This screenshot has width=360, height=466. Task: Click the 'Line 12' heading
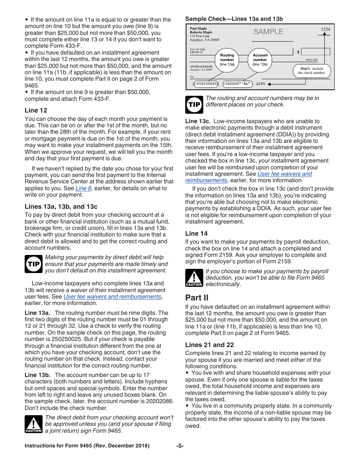(x=36, y=110)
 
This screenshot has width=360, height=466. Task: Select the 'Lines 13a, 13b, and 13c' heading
(x=61, y=206)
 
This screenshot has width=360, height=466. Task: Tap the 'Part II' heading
(x=197, y=297)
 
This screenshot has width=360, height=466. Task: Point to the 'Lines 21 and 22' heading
(x=209, y=345)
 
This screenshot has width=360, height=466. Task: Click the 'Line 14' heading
(x=196, y=233)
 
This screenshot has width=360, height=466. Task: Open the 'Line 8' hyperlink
(x=83, y=188)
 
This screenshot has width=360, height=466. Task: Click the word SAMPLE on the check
(x=268, y=32)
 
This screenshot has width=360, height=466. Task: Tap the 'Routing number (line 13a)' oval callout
(x=227, y=60)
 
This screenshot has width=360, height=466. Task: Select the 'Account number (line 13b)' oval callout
(x=260, y=60)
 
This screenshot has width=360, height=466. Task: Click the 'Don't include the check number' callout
(x=311, y=71)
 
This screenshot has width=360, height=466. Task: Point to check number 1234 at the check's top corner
(x=326, y=29)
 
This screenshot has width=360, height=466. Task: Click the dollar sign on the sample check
(x=298, y=52)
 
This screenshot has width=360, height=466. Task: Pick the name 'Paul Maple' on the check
(x=198, y=29)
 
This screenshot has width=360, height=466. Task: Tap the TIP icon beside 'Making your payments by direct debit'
(x=34, y=264)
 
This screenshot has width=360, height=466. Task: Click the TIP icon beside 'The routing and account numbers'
(x=194, y=105)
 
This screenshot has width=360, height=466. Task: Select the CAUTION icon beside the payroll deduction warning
(x=194, y=278)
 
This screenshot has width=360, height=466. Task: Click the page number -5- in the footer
(x=180, y=446)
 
